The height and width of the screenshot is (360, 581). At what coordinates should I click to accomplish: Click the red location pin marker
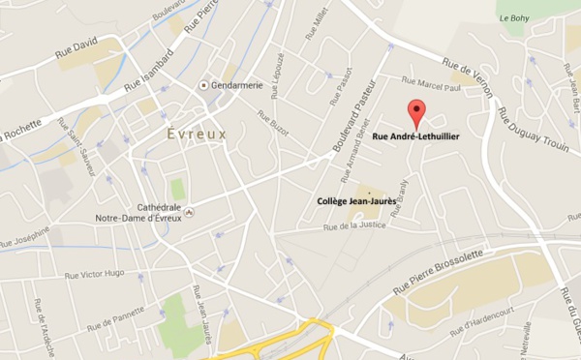[416, 112]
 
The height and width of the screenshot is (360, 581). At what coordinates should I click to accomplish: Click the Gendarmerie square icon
[203, 85]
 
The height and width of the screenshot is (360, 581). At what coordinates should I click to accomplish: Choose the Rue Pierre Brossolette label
[437, 277]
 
